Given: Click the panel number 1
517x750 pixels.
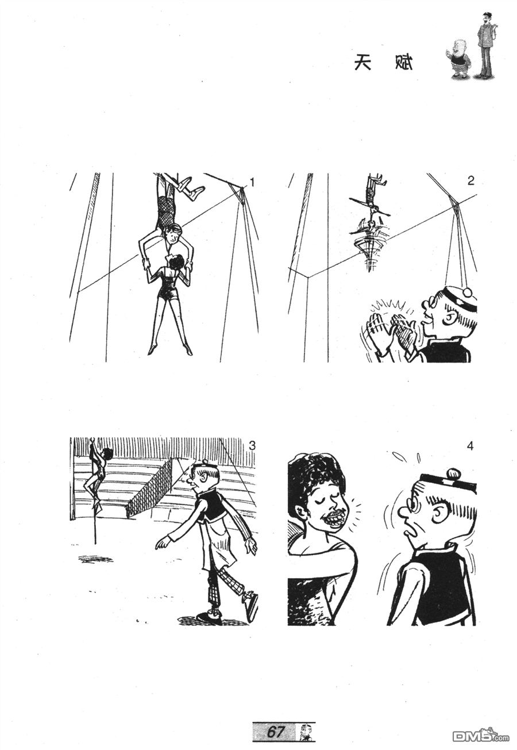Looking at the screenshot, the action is tap(252, 183).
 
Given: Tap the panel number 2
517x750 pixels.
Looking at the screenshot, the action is tap(470, 181).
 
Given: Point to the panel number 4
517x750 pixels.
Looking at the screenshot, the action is tap(470, 446).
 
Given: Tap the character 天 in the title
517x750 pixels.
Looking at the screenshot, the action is tap(362, 62).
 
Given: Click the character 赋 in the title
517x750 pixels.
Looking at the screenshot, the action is tap(404, 62).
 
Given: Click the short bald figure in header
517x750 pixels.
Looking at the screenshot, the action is tap(459, 59).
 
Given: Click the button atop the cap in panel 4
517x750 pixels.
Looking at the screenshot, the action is tap(454, 473).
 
